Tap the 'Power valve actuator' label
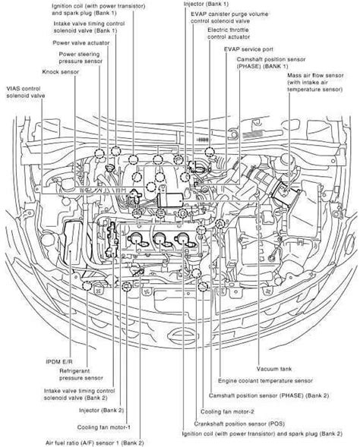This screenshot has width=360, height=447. [83, 43]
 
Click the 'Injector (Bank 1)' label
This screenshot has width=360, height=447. [204, 5]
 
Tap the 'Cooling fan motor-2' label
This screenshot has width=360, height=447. [229, 411]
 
